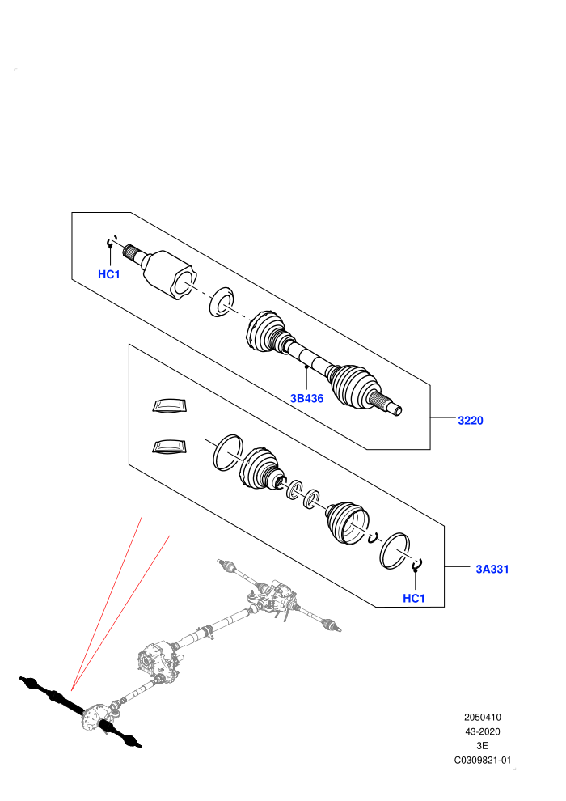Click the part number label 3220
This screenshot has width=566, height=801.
[x=470, y=421]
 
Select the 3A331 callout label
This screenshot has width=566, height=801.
[x=492, y=569]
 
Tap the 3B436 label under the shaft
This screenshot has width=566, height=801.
[x=306, y=398]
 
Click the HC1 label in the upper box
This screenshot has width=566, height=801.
[x=108, y=274]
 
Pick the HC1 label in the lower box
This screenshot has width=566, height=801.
[x=414, y=598]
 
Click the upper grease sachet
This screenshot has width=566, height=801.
[x=171, y=405]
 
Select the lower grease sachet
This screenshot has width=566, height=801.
[x=171, y=446]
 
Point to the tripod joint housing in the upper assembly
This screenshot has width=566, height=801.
[x=167, y=274]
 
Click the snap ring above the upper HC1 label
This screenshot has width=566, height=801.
[x=111, y=242]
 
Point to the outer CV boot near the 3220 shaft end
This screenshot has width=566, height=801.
[x=353, y=386]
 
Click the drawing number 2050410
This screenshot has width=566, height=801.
[x=483, y=717]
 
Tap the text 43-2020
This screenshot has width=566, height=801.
[x=483, y=731]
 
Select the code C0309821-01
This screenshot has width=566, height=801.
[x=483, y=760]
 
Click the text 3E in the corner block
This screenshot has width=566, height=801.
[x=482, y=746]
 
